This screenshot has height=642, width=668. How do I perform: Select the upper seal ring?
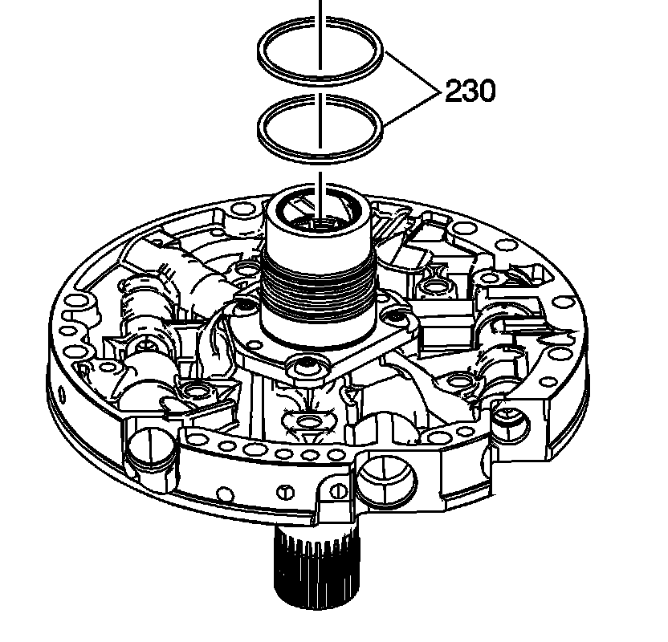click(265, 50)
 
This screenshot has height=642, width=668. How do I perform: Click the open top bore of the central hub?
click(320, 213)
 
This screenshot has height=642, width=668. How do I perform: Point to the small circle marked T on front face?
click(283, 491)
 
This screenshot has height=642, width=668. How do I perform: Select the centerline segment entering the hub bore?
click(320, 189)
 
